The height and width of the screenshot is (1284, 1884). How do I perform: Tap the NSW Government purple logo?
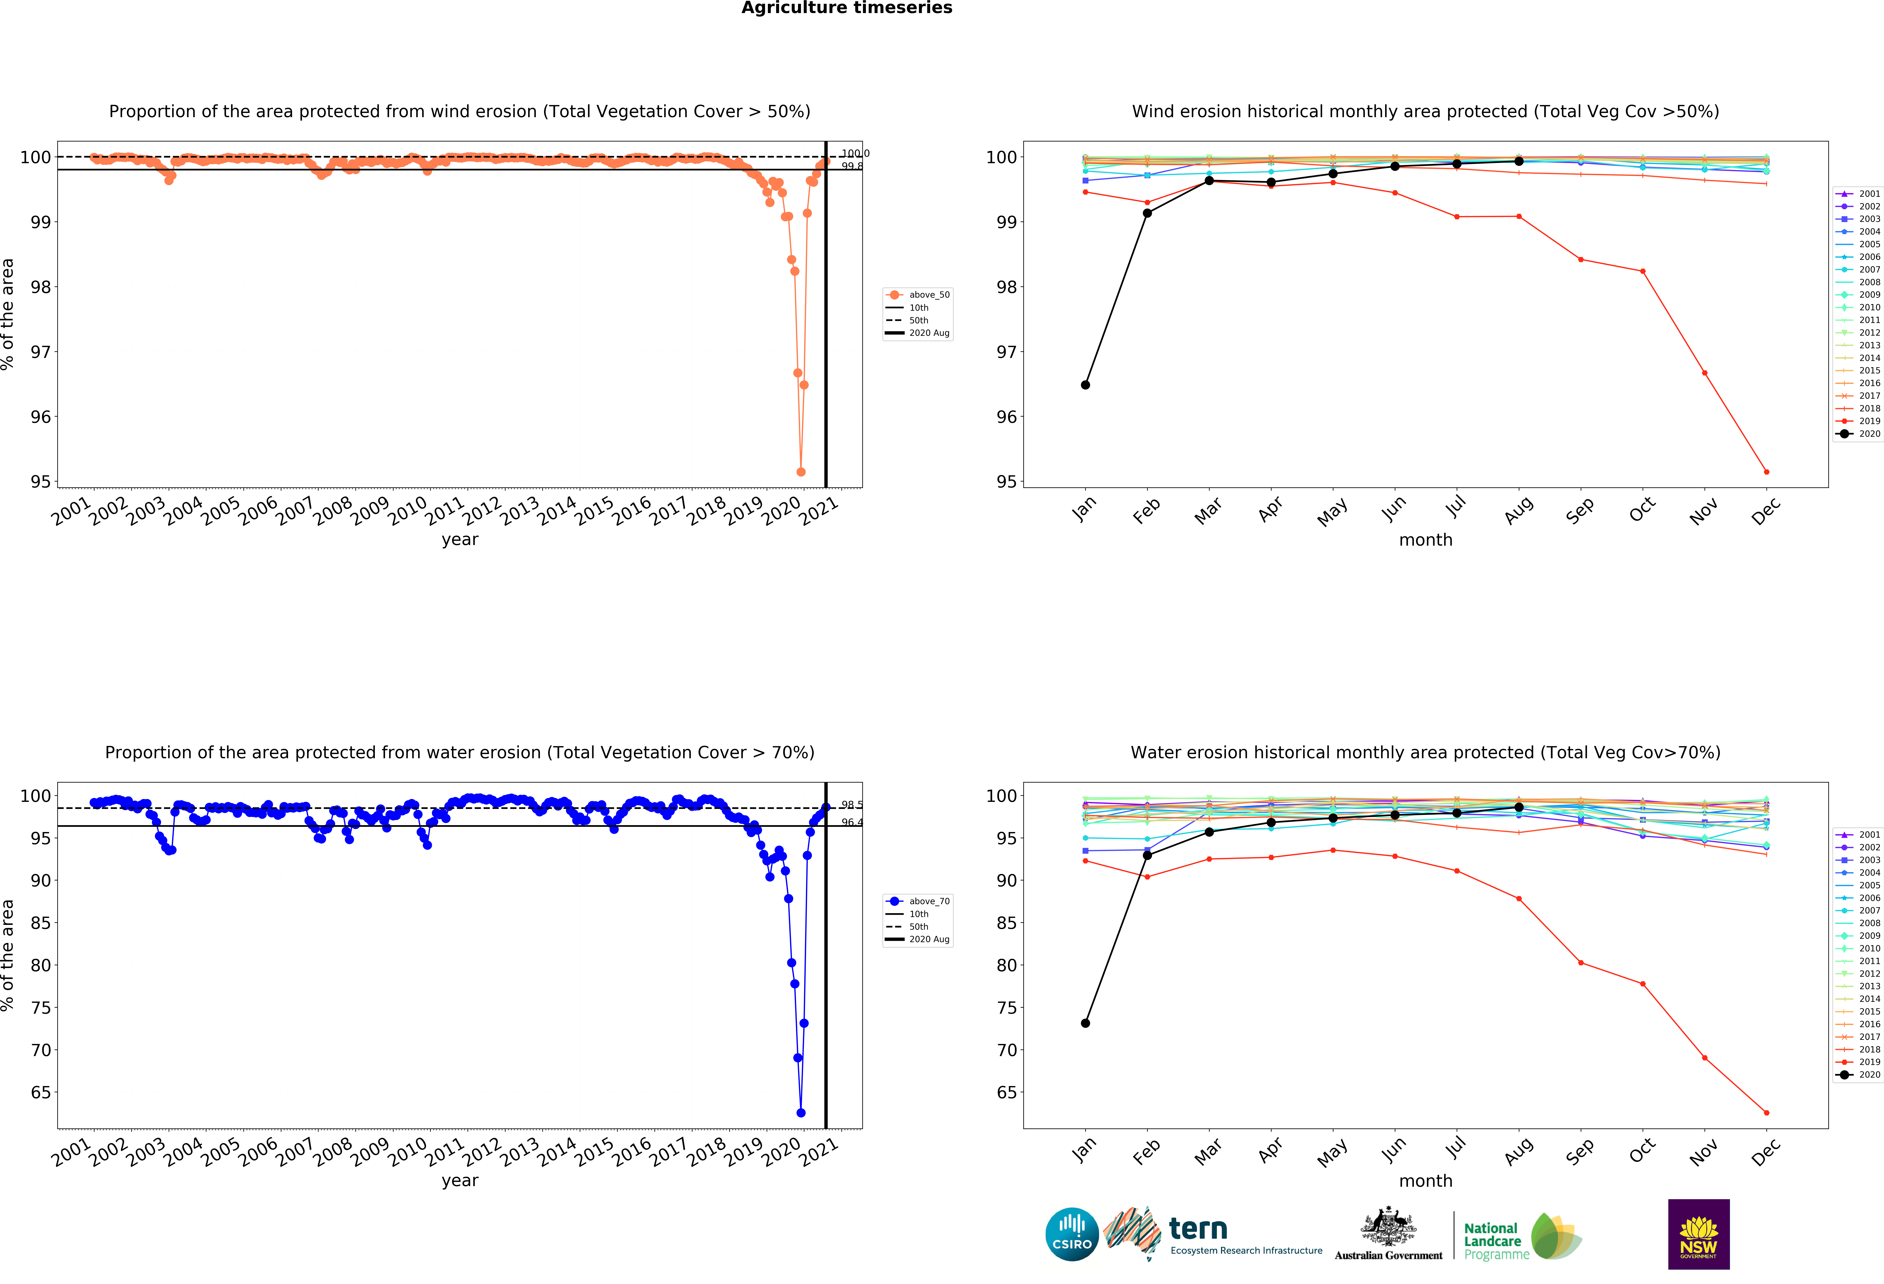[x=1698, y=1234]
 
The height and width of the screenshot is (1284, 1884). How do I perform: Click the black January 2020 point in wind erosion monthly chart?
[x=1085, y=385]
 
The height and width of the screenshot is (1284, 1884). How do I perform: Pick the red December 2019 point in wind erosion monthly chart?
[x=1766, y=472]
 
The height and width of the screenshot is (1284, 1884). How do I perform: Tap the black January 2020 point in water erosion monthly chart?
[x=1085, y=1023]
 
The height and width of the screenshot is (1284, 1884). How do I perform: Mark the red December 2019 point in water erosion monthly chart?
[x=1766, y=1113]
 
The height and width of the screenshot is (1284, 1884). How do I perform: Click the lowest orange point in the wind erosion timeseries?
[x=801, y=472]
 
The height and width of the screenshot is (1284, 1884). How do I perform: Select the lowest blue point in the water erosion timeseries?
[x=801, y=1113]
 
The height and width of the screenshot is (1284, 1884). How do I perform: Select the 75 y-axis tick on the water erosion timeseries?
[x=41, y=1008]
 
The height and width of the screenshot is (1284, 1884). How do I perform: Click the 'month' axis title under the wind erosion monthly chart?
[x=1425, y=540]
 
